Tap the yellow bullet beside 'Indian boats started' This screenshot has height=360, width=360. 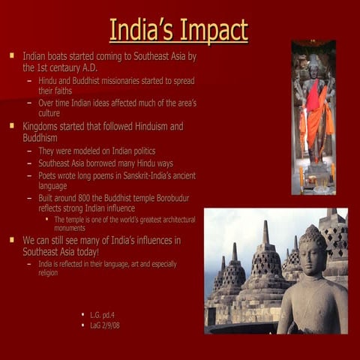[11, 55]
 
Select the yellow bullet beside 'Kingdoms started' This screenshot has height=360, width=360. [11, 126]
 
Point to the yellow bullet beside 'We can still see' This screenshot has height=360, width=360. [11, 240]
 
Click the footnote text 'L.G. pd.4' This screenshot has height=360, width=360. [104, 315]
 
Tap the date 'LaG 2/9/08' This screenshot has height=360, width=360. [105, 325]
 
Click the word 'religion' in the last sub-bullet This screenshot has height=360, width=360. [52, 273]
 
